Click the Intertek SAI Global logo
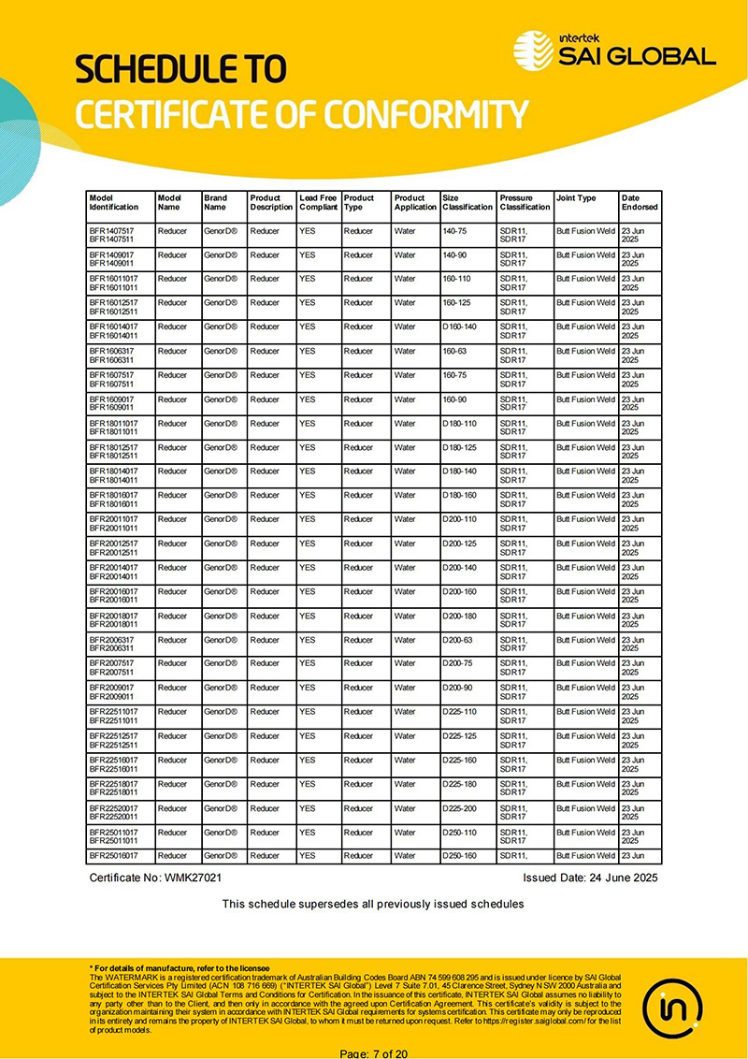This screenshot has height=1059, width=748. point(614,49)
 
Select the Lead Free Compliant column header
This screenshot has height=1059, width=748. point(318,202)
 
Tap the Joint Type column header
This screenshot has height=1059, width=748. point(576,198)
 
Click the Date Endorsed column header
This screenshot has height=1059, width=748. point(640,202)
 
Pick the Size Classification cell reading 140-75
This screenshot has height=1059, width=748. point(454,230)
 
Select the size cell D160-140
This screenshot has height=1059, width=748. point(459,326)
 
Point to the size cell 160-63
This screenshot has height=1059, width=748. point(454,351)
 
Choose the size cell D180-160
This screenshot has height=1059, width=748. point(459,495)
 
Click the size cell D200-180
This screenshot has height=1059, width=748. point(459,616)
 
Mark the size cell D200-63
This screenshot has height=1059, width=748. point(457,640)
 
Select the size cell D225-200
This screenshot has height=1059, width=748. point(459,808)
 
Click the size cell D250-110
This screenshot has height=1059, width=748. point(459,833)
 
